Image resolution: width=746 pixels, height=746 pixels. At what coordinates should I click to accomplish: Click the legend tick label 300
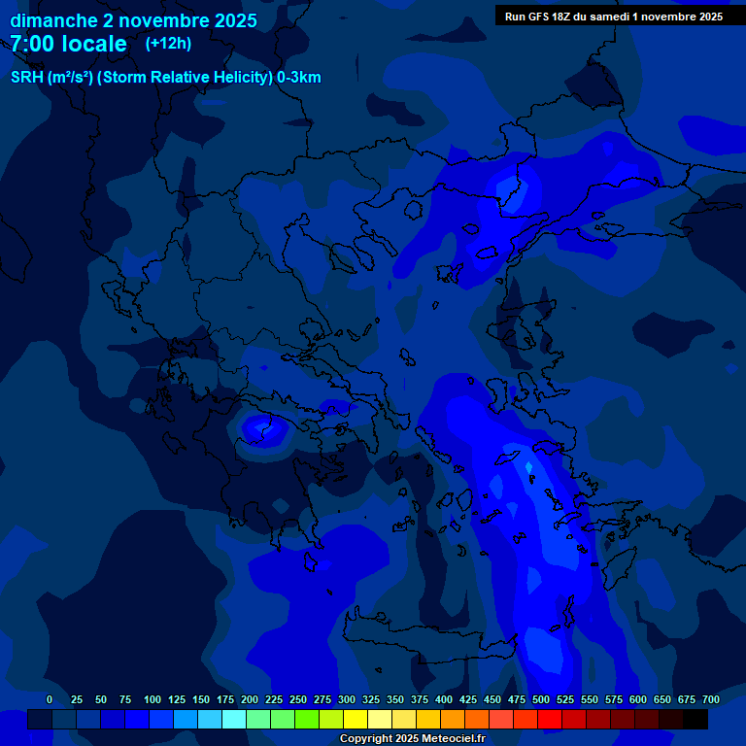point(347,699)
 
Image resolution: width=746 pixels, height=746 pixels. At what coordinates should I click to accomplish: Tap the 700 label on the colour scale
point(710,699)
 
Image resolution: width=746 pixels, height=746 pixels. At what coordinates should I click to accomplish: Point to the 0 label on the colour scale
point(50,699)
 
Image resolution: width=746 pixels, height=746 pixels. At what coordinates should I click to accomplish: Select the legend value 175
point(225,699)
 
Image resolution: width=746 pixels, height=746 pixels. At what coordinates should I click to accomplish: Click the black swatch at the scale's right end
point(695,719)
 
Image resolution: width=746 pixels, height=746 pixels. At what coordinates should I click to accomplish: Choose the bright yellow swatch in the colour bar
point(356,719)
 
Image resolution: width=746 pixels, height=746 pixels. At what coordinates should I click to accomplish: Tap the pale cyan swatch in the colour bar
point(234,719)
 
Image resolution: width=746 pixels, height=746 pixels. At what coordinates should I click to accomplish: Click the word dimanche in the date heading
point(48,20)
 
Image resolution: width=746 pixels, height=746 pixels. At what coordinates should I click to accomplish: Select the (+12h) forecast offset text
point(168,43)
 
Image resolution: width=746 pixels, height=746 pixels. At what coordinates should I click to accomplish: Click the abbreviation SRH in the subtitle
point(26,78)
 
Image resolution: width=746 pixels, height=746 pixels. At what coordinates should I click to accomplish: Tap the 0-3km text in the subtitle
point(298,78)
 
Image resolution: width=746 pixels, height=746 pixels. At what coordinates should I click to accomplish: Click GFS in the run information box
point(540,17)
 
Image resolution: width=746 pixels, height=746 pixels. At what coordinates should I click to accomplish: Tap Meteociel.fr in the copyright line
point(453,738)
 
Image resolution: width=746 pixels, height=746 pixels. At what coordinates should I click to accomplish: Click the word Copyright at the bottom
point(368,738)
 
